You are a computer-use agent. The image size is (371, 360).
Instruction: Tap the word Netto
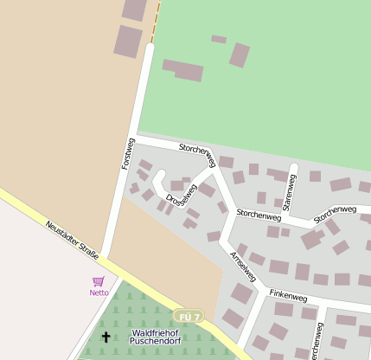click(x=99, y=292)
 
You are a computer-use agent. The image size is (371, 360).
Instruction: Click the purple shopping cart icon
click(x=99, y=281)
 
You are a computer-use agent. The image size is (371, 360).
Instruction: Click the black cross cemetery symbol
click(x=106, y=337)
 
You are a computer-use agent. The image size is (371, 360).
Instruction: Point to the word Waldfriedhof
click(x=157, y=332)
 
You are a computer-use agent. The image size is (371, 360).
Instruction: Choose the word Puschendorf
click(x=157, y=343)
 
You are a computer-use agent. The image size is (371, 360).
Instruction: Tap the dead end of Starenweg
click(x=294, y=166)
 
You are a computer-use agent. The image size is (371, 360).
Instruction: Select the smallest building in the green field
click(x=219, y=39)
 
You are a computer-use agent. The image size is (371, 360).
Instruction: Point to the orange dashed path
click(x=157, y=22)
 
